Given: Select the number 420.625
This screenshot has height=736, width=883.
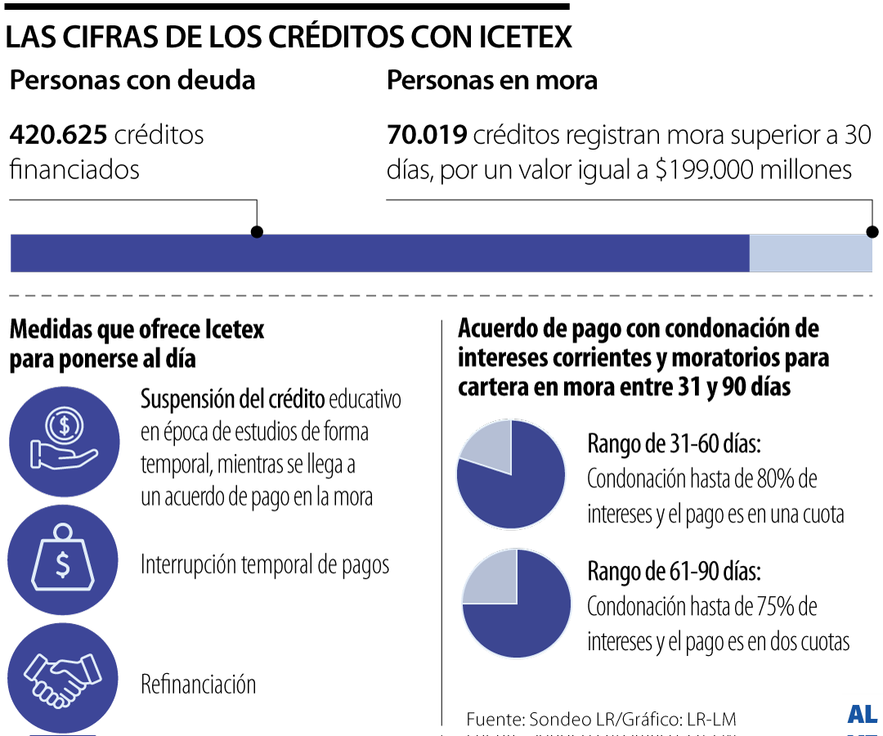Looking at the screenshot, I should (x=58, y=134).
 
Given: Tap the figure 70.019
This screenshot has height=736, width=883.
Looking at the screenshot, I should (x=427, y=134).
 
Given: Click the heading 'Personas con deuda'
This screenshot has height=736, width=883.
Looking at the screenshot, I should (x=132, y=81).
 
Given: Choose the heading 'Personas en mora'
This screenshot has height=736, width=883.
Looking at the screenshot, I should (x=491, y=81).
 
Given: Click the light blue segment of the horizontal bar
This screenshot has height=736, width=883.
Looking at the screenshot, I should (x=810, y=253).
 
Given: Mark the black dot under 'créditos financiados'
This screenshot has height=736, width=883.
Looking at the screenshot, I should (x=257, y=232).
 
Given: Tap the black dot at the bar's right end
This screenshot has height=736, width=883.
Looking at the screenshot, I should (x=872, y=231).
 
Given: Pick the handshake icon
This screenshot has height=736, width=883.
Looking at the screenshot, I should (x=63, y=677).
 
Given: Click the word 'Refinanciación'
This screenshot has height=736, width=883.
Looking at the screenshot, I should (x=199, y=684).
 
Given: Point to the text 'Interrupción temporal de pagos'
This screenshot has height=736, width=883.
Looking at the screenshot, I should (x=265, y=565).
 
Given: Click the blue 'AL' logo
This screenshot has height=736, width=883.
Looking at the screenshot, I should (x=862, y=714).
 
